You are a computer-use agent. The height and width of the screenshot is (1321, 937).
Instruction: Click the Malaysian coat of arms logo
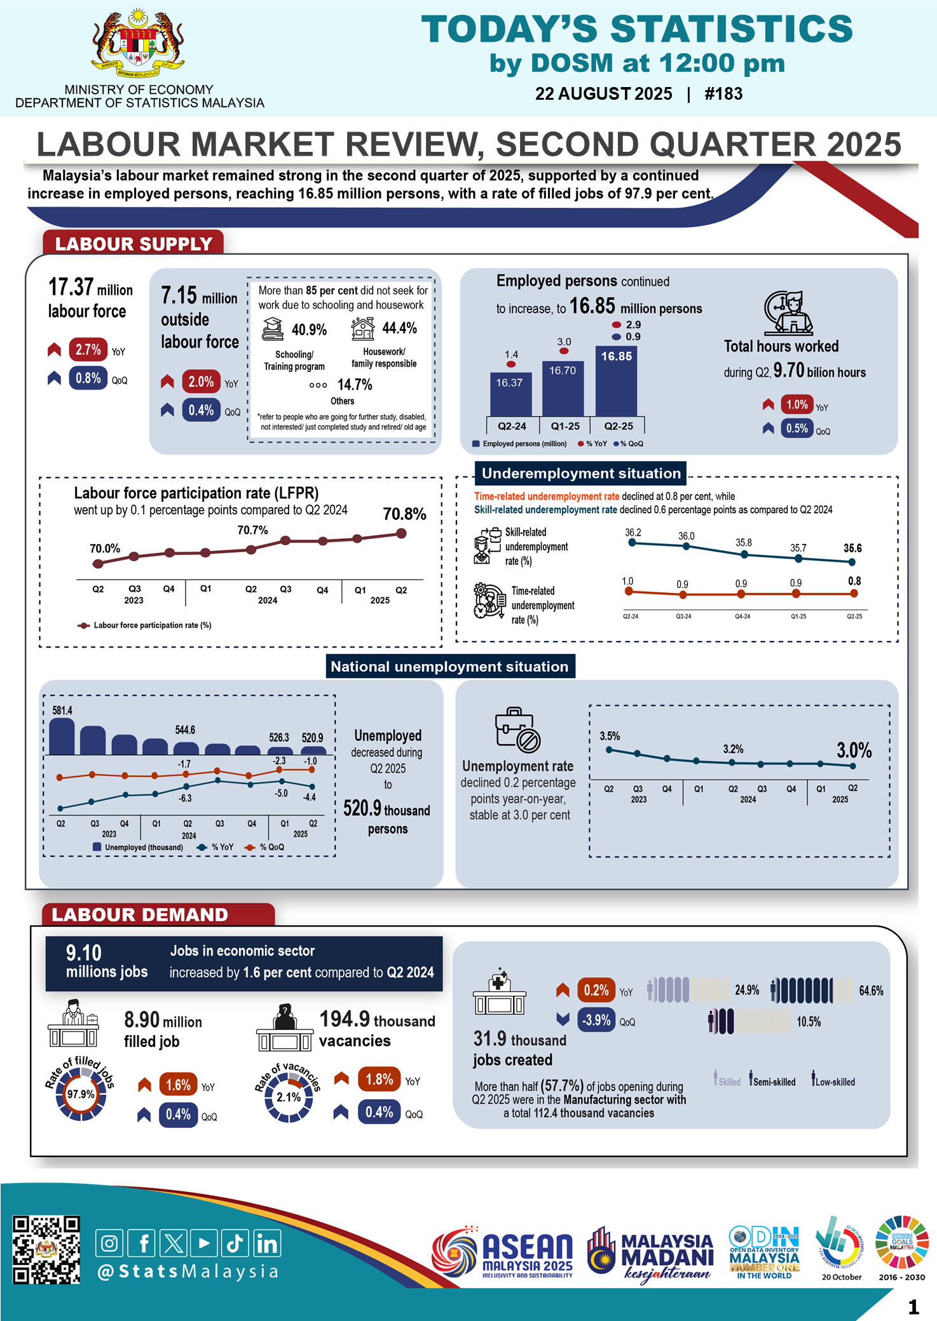tap(138, 44)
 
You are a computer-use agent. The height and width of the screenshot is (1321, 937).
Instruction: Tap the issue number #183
tap(723, 94)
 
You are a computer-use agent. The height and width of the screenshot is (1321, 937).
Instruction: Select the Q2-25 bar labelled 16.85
tap(616, 381)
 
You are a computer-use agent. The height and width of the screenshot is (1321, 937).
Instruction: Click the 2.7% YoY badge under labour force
tap(88, 349)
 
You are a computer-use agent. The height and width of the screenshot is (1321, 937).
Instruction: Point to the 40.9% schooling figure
tap(309, 330)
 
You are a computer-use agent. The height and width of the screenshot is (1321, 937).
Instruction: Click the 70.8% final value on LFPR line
tap(404, 514)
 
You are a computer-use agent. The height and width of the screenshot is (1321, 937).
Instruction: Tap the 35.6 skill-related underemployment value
tap(852, 548)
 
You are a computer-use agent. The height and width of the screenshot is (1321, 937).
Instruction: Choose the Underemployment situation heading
tap(580, 473)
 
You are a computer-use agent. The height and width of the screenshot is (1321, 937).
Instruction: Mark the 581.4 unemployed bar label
tap(62, 710)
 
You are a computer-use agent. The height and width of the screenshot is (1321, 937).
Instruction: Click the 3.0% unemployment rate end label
tap(854, 750)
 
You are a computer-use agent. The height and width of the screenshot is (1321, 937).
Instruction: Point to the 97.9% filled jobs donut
tap(81, 1094)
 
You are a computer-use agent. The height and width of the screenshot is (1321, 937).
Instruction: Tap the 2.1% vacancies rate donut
tap(288, 1097)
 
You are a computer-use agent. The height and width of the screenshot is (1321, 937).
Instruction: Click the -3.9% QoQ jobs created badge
tap(596, 1020)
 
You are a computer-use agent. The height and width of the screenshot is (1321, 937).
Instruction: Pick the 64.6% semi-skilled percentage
tap(871, 991)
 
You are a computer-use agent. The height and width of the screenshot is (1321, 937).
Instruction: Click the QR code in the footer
tap(46, 1250)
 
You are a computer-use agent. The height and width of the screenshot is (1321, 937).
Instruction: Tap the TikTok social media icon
tap(235, 1243)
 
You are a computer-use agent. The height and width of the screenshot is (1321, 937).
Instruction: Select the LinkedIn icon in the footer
tap(267, 1243)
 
